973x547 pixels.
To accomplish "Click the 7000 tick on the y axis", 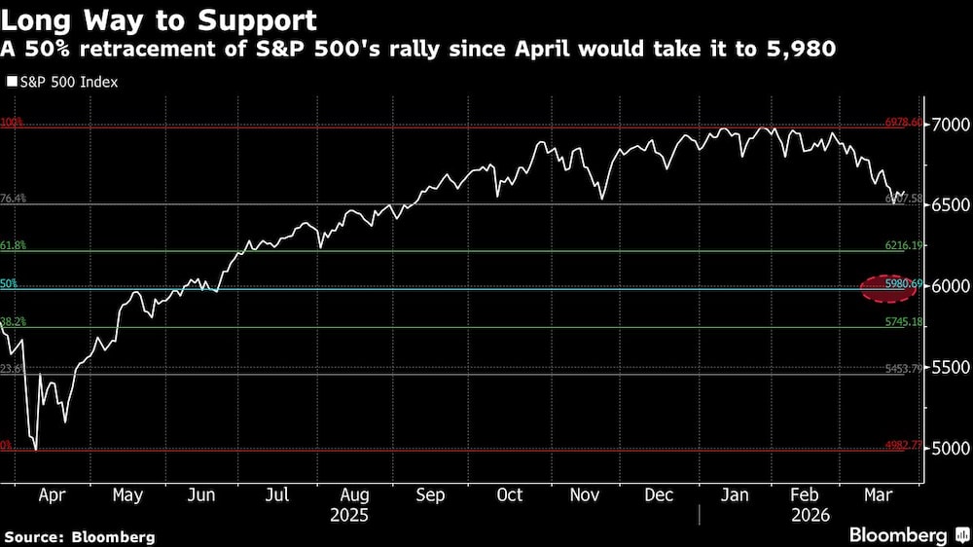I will click(x=950, y=126).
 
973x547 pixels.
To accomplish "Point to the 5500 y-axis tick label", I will click(x=950, y=368).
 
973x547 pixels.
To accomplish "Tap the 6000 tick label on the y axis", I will click(x=950, y=287).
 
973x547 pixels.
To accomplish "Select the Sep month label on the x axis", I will click(x=431, y=494).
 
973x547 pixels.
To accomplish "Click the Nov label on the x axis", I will click(x=583, y=494).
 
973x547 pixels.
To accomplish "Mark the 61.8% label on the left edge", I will click(x=13, y=246).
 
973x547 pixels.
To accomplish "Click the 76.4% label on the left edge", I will click(x=13, y=199).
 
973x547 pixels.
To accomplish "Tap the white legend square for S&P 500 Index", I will click(x=12, y=83).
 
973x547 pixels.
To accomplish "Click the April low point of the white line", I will click(x=36, y=449).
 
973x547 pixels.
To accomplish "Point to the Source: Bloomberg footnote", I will click(x=79, y=536).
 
